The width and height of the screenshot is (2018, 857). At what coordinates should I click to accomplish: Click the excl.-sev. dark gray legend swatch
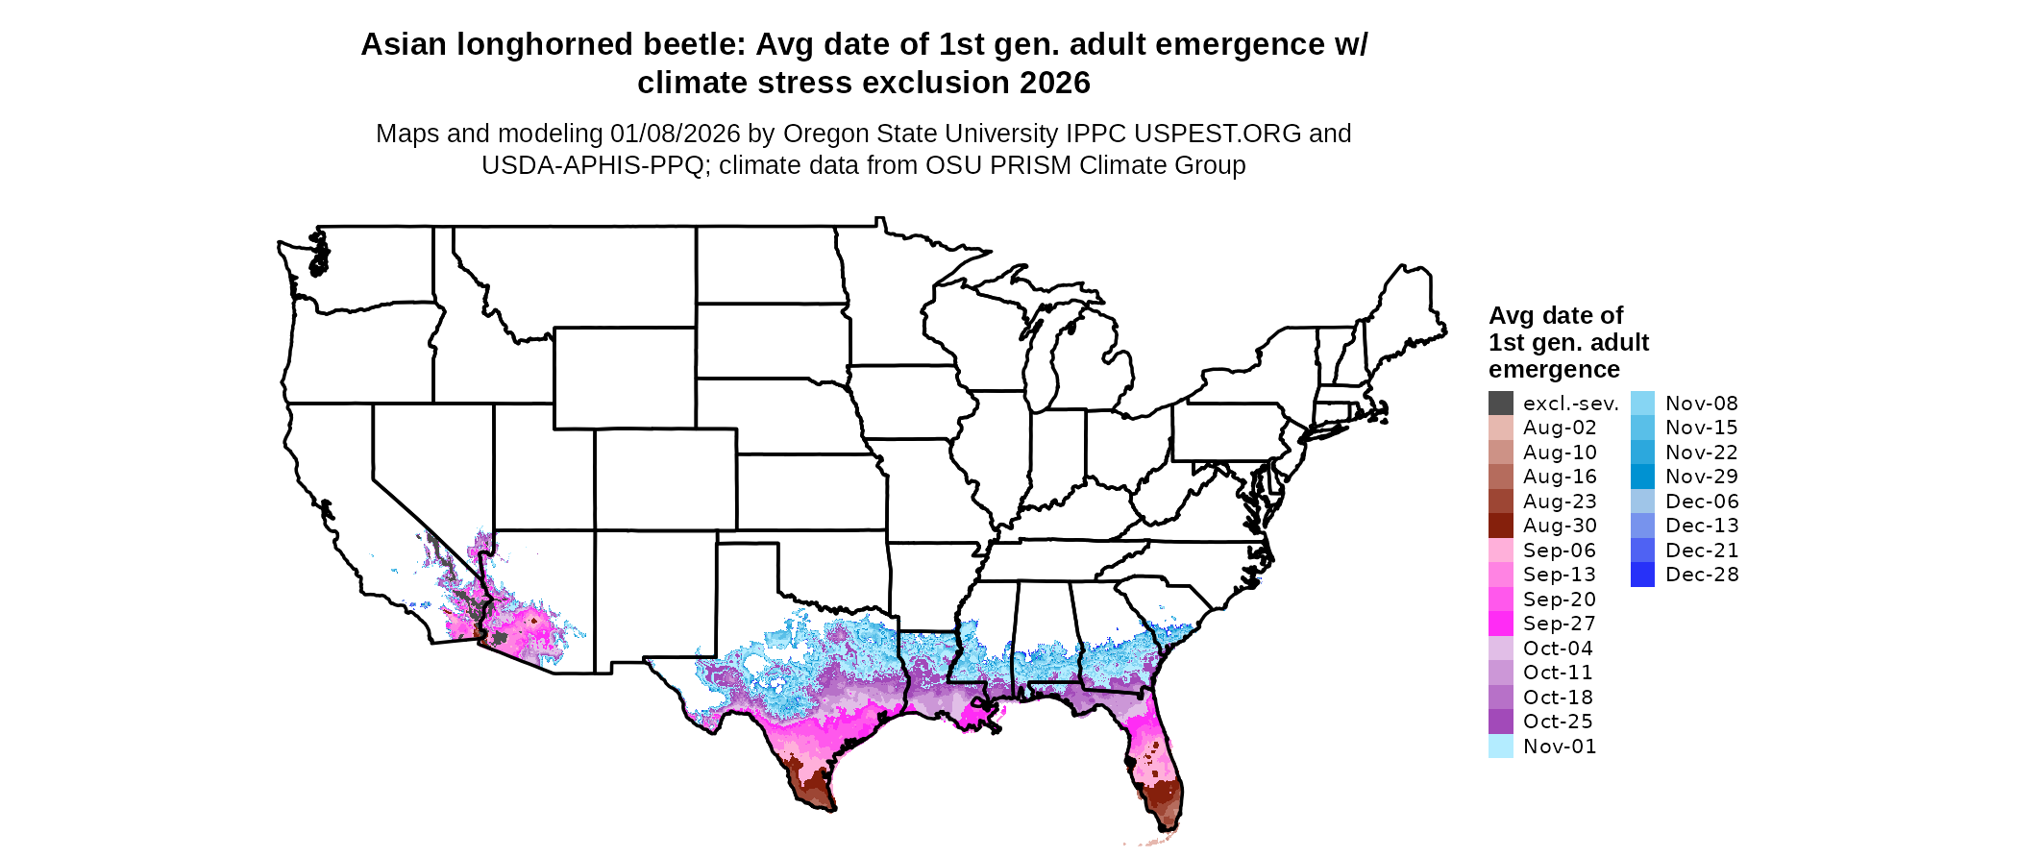pyautogui.click(x=1500, y=404)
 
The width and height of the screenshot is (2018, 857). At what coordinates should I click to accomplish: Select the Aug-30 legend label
pyautogui.click(x=1560, y=526)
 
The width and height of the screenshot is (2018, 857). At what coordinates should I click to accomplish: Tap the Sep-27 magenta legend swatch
pyautogui.click(x=1500, y=624)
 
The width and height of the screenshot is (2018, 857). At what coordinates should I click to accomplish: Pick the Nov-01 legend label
pyautogui.click(x=1560, y=747)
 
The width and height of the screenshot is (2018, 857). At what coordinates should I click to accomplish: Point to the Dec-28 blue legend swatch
pyautogui.click(x=1642, y=575)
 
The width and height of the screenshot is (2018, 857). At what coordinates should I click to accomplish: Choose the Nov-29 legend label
pyautogui.click(x=1702, y=477)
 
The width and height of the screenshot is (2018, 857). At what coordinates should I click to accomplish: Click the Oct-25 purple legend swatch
pyautogui.click(x=1500, y=722)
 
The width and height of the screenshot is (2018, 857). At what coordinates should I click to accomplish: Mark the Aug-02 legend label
pyautogui.click(x=1560, y=428)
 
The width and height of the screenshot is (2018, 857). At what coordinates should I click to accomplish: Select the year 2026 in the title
pyautogui.click(x=1055, y=83)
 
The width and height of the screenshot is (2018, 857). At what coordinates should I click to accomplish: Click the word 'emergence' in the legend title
pyautogui.click(x=1554, y=369)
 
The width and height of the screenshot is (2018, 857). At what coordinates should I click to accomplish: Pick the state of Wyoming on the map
pyautogui.click(x=624, y=378)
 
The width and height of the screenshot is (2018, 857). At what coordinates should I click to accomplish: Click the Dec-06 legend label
pyautogui.click(x=1702, y=502)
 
